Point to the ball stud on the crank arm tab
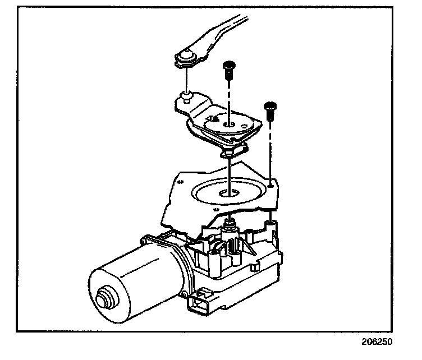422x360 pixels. point(184,100)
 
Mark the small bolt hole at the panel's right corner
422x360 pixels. point(270,182)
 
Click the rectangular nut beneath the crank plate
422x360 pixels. point(231,150)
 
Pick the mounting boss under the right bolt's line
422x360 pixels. point(270,225)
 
